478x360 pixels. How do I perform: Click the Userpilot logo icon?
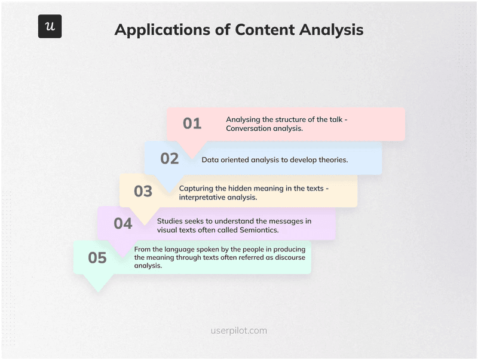(x=50, y=26)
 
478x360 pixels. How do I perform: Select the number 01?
(x=192, y=124)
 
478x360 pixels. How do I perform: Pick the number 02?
(x=170, y=158)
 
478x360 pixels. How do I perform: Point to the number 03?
(x=143, y=192)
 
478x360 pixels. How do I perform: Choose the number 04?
(x=122, y=223)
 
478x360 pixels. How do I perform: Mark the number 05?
(x=97, y=258)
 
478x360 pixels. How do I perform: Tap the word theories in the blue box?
(x=332, y=160)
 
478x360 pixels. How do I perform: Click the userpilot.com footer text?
(x=239, y=330)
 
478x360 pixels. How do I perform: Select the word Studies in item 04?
(x=171, y=221)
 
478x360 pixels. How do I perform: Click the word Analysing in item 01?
(x=245, y=119)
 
